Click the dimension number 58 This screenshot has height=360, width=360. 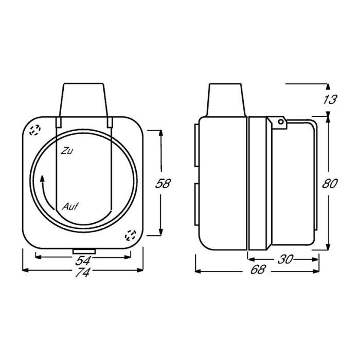(x=163, y=184)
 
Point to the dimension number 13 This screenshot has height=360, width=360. (x=330, y=99)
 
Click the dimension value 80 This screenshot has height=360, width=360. (x=330, y=184)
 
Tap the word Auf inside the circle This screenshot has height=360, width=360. (x=70, y=207)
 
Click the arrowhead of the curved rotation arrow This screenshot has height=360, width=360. (x=42, y=178)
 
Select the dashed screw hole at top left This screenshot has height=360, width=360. (x=35, y=131)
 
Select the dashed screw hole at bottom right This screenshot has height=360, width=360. (x=131, y=236)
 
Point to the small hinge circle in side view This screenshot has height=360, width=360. (x=280, y=122)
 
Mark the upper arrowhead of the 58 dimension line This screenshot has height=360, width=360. (x=163, y=132)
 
